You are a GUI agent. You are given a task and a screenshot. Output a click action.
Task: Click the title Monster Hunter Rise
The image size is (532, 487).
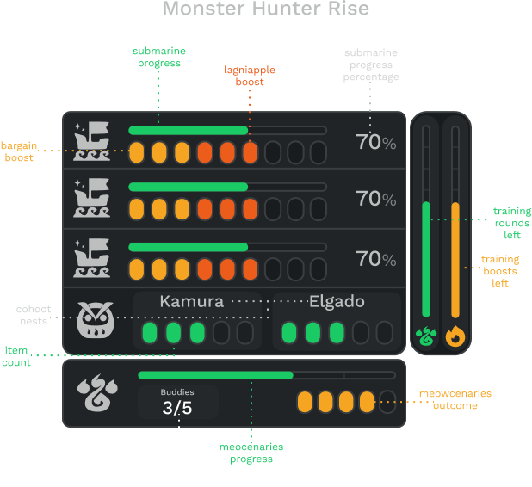266,8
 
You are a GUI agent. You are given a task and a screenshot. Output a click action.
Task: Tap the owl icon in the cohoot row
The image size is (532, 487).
96,320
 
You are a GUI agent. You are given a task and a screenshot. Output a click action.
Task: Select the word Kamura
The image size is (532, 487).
192,301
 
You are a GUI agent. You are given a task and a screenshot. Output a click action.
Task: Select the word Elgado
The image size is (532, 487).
337,301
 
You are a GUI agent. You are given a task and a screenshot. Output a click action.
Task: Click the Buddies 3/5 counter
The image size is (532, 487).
177,402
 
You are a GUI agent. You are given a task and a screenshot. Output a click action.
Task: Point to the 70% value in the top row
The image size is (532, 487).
376,142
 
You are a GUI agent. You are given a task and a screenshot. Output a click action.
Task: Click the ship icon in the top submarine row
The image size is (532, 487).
92,141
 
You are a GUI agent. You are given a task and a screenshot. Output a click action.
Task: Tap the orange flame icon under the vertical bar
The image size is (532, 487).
455,336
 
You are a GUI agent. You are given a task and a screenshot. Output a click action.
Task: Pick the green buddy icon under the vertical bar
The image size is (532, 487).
426,336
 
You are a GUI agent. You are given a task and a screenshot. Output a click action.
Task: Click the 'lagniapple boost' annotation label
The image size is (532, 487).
250,76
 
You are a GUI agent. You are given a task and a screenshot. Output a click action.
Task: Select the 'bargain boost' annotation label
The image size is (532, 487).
19,151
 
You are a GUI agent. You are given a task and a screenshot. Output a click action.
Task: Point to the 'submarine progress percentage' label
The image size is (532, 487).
371,65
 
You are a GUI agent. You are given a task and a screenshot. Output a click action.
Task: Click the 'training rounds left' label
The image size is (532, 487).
512,223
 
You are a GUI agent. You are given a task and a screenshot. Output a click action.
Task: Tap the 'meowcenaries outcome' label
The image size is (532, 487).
455,399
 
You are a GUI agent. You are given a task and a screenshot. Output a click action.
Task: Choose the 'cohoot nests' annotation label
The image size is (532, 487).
34,315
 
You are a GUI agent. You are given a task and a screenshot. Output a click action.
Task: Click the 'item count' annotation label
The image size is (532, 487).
16,356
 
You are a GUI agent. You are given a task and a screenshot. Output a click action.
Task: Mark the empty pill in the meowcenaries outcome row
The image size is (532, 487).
387,402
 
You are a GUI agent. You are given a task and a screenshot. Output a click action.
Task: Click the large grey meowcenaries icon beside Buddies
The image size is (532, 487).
97,392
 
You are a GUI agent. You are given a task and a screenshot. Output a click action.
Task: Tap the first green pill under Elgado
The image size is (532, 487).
289,333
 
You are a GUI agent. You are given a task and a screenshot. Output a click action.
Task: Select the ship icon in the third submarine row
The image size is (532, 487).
92,258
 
